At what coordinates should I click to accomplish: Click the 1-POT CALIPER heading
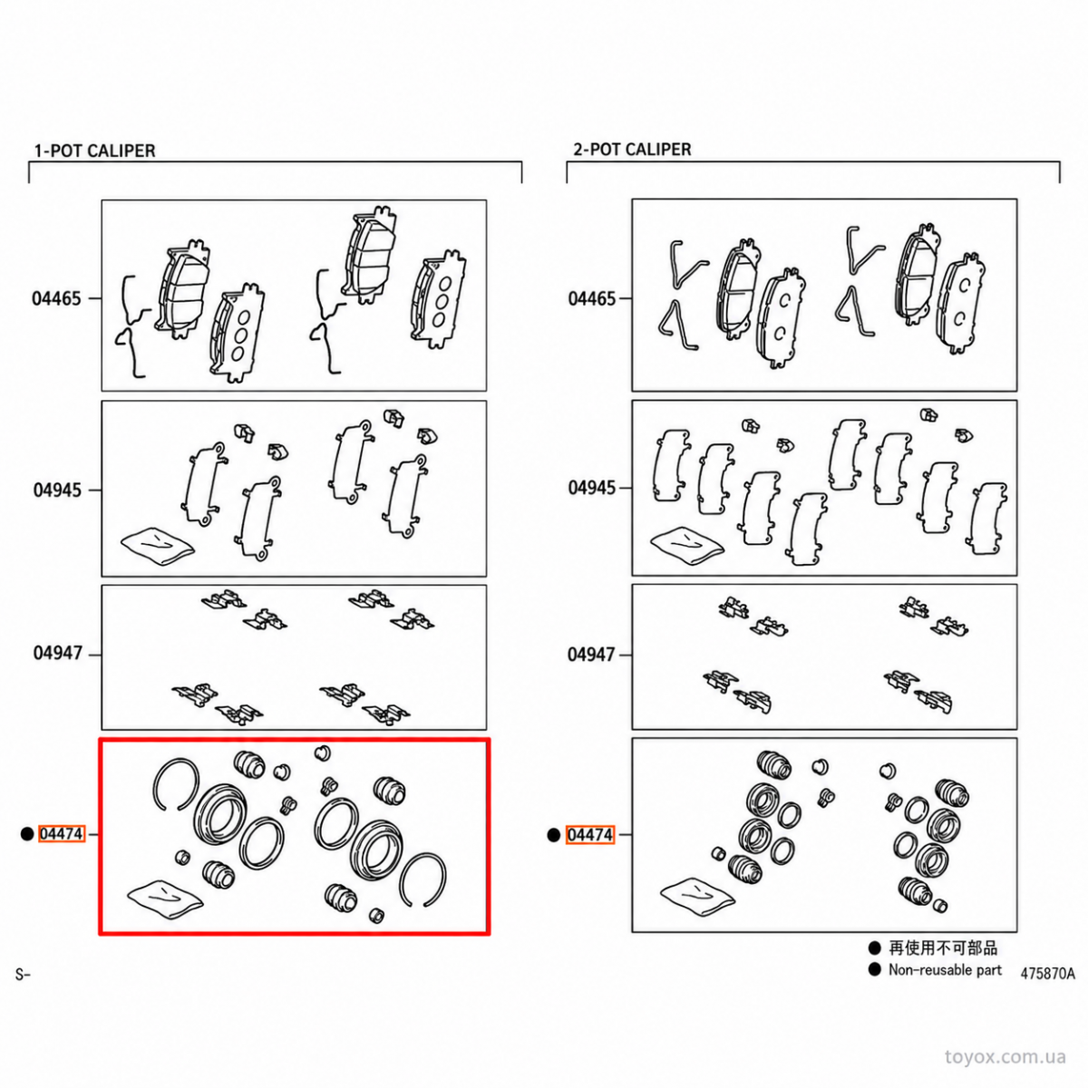[x=95, y=151]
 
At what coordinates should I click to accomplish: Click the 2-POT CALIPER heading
[x=632, y=149]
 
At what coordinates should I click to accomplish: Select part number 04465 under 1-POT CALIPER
[x=56, y=298]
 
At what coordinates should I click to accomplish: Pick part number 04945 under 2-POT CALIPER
[x=593, y=487]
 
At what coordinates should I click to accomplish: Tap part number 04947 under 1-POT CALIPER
[x=58, y=653]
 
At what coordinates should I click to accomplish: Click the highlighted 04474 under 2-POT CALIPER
[x=590, y=834]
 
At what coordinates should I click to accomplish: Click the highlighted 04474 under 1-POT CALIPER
[x=62, y=833]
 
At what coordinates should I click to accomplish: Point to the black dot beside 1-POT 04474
[x=27, y=834]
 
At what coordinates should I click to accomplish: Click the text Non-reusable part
[x=945, y=969]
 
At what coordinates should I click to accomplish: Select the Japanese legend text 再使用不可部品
[x=943, y=948]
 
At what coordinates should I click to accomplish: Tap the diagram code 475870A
[x=1048, y=974]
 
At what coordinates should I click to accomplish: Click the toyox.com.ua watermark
[x=1005, y=1057]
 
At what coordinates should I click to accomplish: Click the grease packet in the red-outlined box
[x=165, y=899]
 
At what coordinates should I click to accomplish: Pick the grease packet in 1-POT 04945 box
[x=158, y=546]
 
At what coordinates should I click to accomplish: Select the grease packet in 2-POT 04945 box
[x=687, y=544]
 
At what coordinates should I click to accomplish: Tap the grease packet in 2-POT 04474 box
[x=698, y=898]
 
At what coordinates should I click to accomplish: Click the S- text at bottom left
[x=23, y=975]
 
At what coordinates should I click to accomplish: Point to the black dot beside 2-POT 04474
[x=554, y=834]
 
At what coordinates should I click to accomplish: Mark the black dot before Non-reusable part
[x=875, y=969]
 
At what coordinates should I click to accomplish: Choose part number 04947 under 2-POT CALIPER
[x=592, y=655]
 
